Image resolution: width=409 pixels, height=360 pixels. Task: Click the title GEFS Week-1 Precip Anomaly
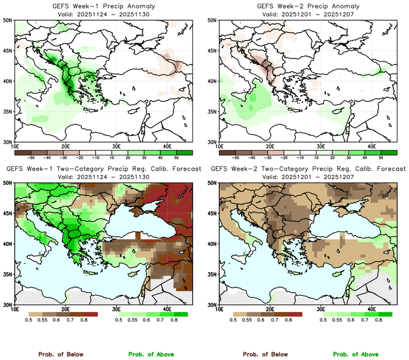[103, 6]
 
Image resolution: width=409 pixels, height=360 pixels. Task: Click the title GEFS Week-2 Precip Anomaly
[307, 6]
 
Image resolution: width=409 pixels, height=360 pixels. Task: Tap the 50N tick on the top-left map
[8, 20]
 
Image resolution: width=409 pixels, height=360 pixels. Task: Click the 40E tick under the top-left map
[167, 146]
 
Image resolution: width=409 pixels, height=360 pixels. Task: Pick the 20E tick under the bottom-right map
[270, 309]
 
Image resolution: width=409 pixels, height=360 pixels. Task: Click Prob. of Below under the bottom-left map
[60, 354]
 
